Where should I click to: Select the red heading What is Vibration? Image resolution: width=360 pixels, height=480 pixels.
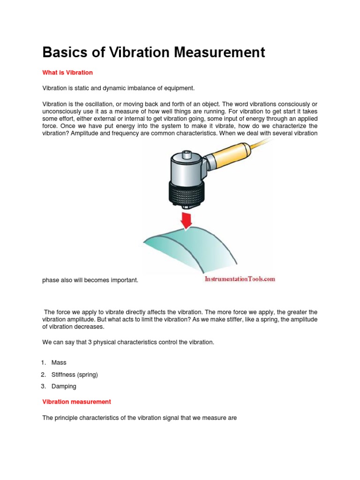tap(67, 73)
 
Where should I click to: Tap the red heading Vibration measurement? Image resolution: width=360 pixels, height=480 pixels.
tap(76, 402)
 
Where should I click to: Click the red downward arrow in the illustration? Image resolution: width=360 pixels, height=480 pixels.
tap(187, 219)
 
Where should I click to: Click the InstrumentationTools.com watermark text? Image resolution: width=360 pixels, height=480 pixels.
tap(240, 279)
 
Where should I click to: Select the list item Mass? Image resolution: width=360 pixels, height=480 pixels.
tap(59, 362)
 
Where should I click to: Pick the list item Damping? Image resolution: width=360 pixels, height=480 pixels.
tap(64, 386)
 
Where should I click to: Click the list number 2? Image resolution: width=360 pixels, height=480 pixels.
tap(43, 375)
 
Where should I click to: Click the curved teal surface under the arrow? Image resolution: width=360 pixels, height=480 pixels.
tap(197, 248)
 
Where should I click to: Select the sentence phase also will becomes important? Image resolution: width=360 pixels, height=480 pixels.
tap(90, 280)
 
